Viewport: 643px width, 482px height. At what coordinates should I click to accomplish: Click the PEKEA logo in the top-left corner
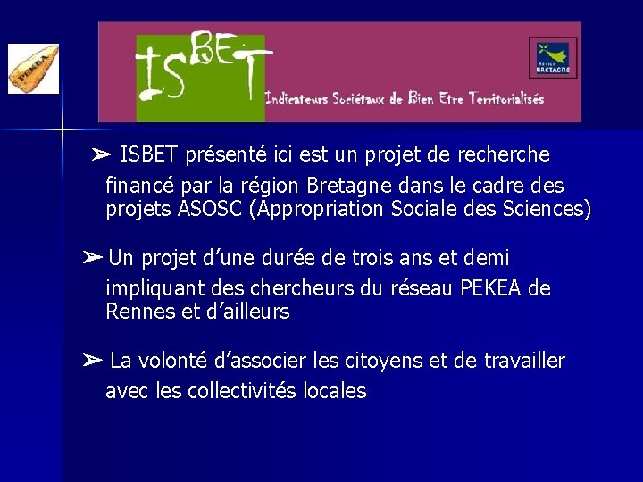pyautogui.click(x=33, y=69)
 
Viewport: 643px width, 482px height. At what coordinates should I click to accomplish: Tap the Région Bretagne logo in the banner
pyautogui.click(x=553, y=58)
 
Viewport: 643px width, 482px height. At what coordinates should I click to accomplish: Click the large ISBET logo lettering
pyautogui.click(x=202, y=71)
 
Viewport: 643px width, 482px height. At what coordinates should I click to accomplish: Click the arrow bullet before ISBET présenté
pyautogui.click(x=102, y=155)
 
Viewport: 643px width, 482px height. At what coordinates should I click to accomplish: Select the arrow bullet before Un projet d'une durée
pyautogui.click(x=93, y=259)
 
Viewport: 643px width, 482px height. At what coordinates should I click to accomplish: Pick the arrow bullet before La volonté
pyautogui.click(x=93, y=361)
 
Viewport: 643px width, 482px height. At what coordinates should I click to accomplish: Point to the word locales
pyautogui.click(x=334, y=391)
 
